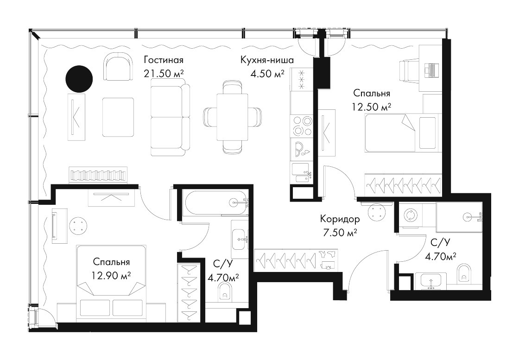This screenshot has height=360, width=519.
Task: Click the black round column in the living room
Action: point(79,79)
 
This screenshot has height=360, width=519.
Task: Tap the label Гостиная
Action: point(164,60)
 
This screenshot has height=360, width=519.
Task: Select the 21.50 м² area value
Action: point(164,74)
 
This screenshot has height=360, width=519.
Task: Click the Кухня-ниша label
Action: point(267,60)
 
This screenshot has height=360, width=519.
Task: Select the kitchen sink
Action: point(302,173)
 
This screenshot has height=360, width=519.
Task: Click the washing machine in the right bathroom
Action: point(410,215)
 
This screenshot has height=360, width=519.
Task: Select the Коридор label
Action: point(340,219)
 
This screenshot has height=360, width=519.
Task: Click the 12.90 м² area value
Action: point(111,275)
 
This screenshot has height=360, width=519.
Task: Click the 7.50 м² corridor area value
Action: point(340,233)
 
